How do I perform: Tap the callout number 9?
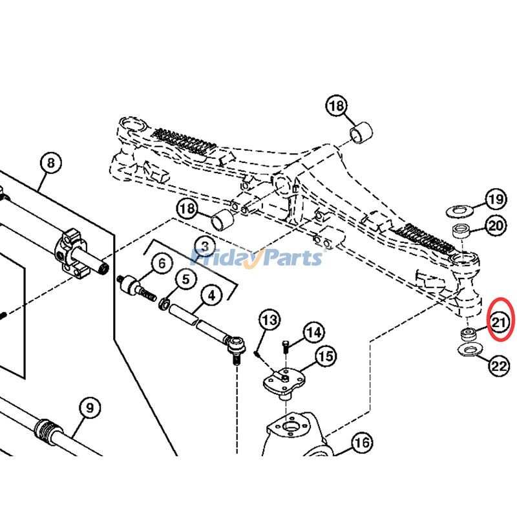coord(90,408)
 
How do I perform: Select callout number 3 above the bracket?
coord(205,246)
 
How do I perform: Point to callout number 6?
coord(162,264)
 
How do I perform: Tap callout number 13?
coord(269,319)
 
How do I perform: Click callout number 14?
coord(313,333)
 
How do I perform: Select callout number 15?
coord(325,355)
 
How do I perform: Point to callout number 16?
coord(362,443)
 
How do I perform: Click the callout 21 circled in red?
coord(501,320)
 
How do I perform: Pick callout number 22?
coord(498,366)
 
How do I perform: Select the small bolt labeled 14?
coord(287,346)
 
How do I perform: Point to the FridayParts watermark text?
coord(258,258)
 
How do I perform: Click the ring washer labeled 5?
coord(166,302)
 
